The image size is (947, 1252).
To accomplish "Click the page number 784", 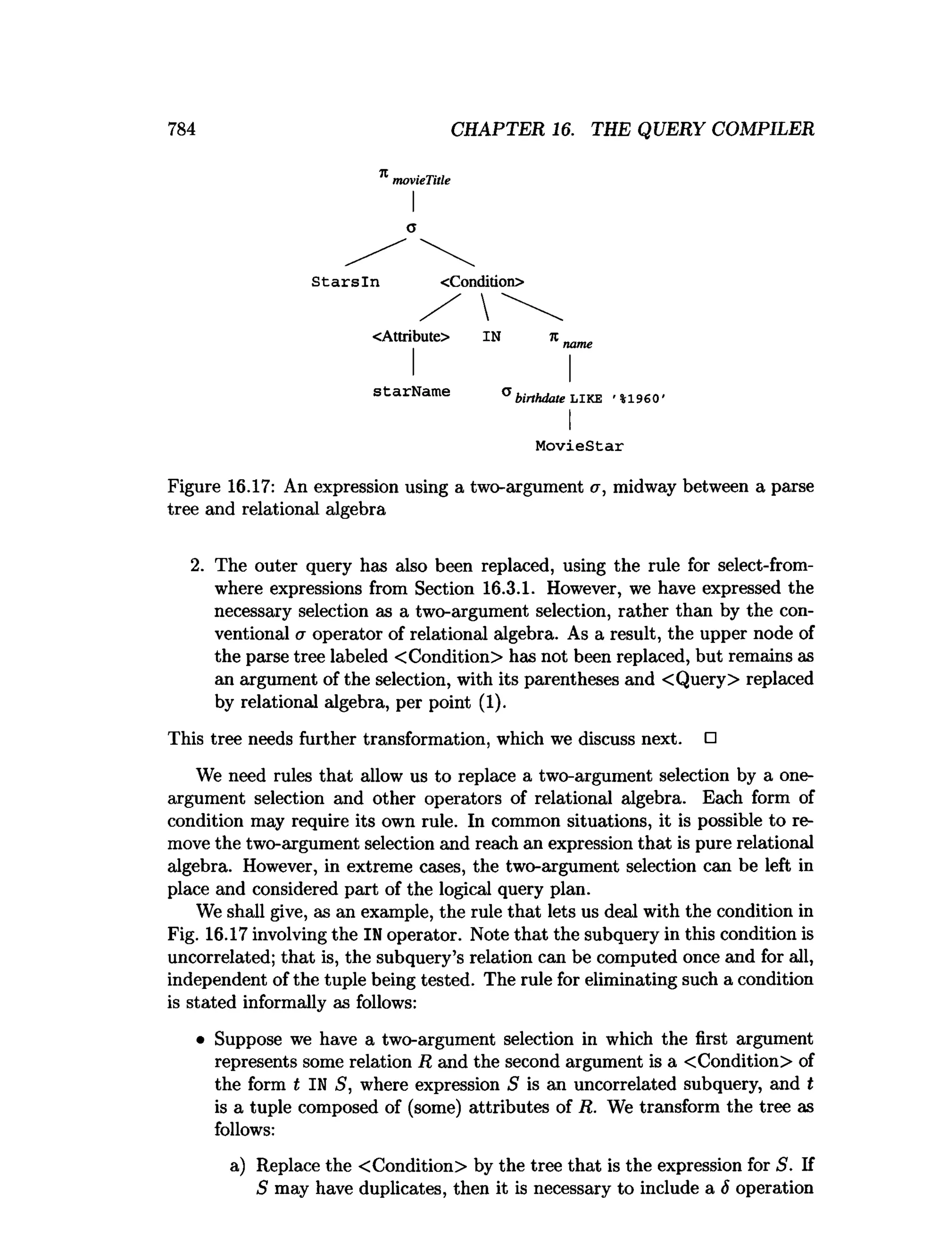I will point(181,129).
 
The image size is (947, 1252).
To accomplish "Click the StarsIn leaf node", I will point(345,282).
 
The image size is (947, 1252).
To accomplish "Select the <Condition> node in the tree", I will point(482,281).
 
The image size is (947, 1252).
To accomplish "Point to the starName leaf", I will point(411,391).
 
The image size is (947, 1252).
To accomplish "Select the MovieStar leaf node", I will point(579,446).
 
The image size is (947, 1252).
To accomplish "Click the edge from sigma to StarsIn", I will point(375,252).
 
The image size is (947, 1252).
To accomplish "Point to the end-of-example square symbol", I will point(710,738).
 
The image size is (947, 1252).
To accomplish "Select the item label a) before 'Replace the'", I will point(238,1166).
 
